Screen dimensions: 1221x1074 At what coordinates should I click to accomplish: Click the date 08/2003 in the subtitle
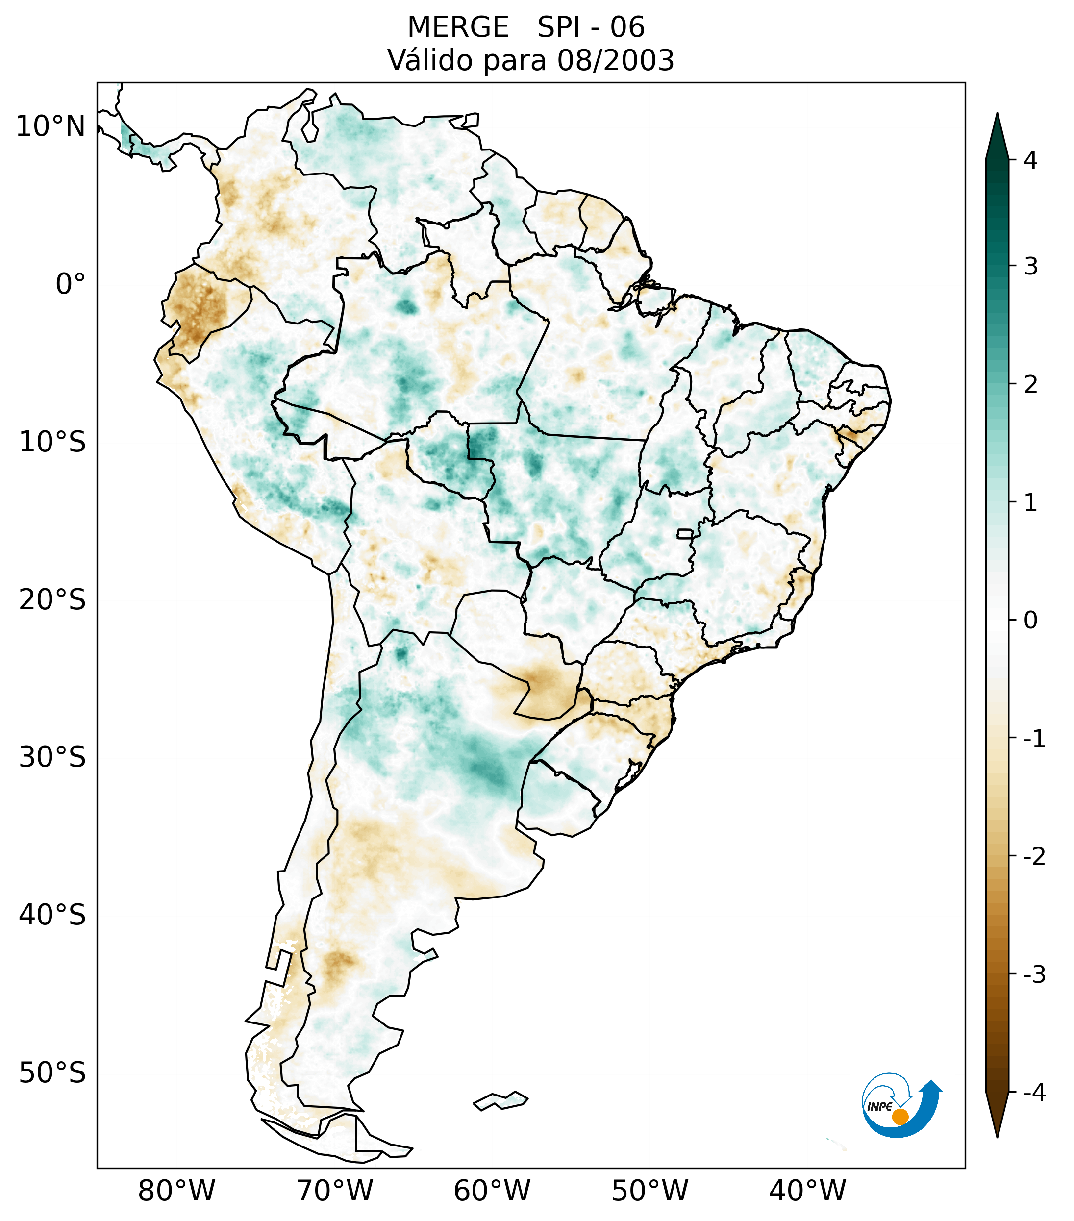[x=615, y=60]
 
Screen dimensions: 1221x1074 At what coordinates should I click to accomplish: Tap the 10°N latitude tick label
[x=50, y=126]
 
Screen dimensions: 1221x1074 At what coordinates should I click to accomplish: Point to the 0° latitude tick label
[x=71, y=284]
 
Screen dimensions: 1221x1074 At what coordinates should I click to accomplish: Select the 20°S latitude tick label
[x=52, y=600]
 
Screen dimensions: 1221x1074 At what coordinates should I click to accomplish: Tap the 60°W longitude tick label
[x=492, y=1191]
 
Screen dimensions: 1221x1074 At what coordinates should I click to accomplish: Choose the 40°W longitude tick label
[x=808, y=1191]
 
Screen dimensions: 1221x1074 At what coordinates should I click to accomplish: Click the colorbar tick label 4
[x=1030, y=160]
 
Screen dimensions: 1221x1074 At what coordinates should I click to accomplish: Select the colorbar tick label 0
[x=1030, y=621]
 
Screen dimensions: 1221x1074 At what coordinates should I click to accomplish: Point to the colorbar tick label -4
[x=1034, y=1093]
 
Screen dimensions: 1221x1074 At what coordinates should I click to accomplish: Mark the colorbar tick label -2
[x=1034, y=857]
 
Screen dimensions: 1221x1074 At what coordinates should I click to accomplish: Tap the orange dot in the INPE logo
[x=900, y=1117]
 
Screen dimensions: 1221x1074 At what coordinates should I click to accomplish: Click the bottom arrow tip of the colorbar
[x=997, y=1136]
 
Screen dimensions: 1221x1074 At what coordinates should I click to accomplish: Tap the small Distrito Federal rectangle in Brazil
[x=685, y=533]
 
